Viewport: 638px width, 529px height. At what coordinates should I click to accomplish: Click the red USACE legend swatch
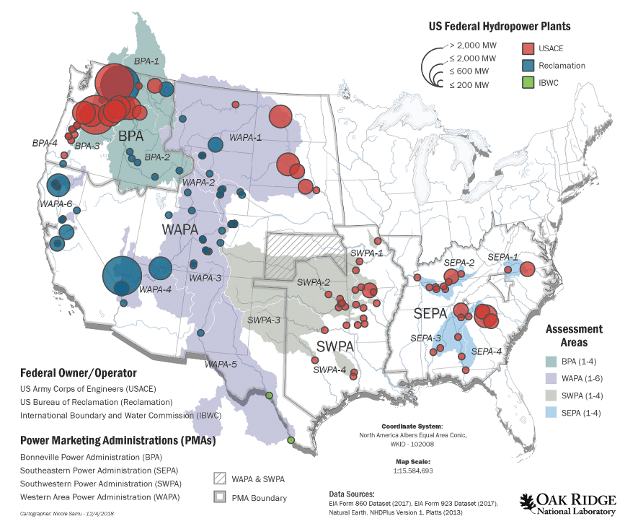click(x=528, y=48)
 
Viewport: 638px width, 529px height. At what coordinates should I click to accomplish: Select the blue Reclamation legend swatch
click(x=528, y=66)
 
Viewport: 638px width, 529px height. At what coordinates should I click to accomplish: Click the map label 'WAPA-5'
click(x=221, y=364)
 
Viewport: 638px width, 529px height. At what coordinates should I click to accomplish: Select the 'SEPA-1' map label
click(x=502, y=257)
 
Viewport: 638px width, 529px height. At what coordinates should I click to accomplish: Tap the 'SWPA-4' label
click(x=329, y=371)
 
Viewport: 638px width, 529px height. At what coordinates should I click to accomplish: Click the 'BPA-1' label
click(x=148, y=63)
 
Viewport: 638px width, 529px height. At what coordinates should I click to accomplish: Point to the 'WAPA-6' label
click(x=55, y=205)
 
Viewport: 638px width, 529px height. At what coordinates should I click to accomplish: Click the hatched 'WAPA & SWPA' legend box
click(x=221, y=478)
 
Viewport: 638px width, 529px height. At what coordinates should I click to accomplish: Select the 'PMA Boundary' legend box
click(x=221, y=497)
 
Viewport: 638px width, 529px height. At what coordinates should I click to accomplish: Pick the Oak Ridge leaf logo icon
click(x=528, y=503)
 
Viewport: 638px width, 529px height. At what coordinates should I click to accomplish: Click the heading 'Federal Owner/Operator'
click(x=78, y=373)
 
